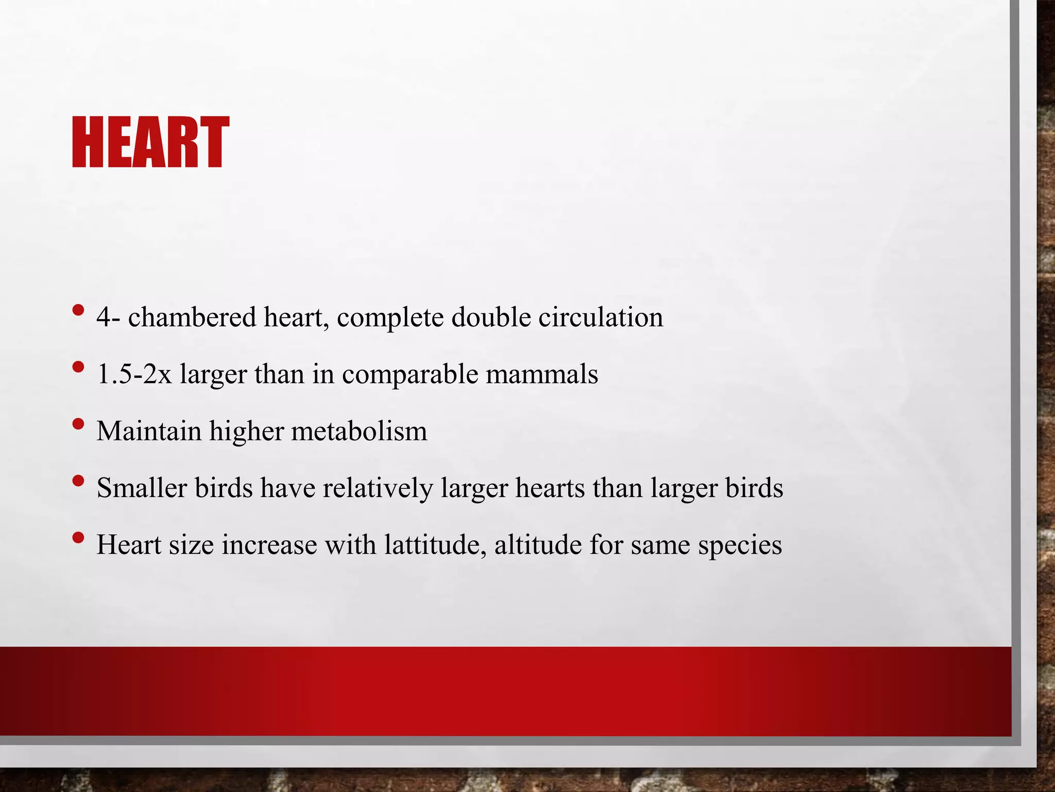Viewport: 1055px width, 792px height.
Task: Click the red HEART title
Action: tap(150, 142)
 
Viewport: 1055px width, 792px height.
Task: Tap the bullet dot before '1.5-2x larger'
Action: tap(78, 368)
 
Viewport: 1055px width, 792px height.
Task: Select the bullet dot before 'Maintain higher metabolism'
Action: tap(78, 424)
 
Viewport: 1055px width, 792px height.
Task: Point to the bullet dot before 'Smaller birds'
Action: tap(78, 481)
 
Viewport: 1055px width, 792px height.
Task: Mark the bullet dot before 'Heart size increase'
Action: tap(78, 538)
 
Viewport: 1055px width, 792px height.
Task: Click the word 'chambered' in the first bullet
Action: tap(192, 317)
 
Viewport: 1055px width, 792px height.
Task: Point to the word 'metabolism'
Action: tap(359, 431)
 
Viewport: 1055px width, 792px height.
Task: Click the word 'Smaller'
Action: tap(142, 488)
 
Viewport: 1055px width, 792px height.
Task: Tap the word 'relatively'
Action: tap(378, 488)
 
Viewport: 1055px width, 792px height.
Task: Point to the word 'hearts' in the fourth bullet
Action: tap(550, 488)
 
